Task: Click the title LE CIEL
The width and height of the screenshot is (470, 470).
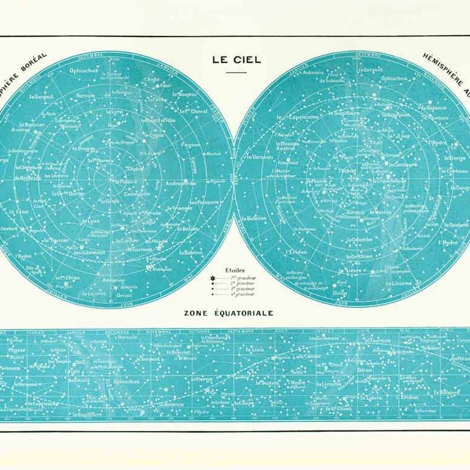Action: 236,60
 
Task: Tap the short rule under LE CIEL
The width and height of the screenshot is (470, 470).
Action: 236,72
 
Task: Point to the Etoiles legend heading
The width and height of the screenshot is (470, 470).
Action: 226,270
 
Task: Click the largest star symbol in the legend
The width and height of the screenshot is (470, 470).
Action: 213,277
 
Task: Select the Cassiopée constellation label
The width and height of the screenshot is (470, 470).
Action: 136,193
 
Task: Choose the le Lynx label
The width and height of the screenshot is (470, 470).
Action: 90,221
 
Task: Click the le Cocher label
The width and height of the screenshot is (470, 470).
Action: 126,240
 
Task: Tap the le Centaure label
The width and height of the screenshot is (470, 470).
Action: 401,164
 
